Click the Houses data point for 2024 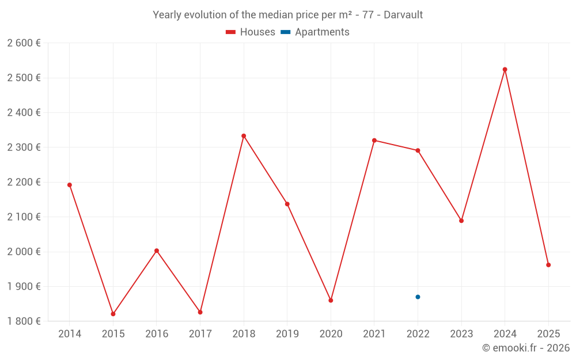pos(505,70)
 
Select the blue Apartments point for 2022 pos(418,297)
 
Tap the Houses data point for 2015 pos(113,314)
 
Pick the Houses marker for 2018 pos(244,136)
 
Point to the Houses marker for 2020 pos(331,300)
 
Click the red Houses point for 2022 pos(418,150)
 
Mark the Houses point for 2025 pos(548,265)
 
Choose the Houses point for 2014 pos(70,185)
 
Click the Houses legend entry pos(251,32)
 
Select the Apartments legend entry pos(315,32)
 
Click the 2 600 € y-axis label pos(24,43)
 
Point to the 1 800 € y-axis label pos(24,321)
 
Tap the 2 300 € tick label pos(24,147)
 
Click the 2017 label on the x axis pos(200,334)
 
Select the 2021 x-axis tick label pos(374,334)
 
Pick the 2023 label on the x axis pos(461,334)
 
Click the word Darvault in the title pos(403,15)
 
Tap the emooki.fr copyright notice pos(525,348)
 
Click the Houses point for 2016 pos(157,251)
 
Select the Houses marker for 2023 pos(461,221)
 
